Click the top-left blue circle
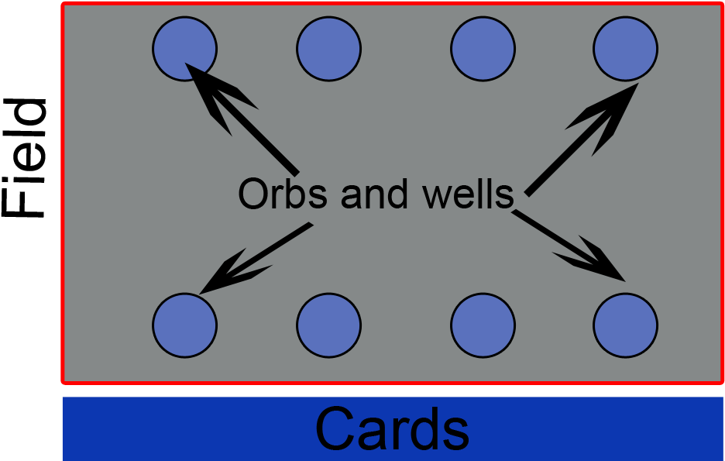click(184, 49)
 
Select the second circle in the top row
click(328, 49)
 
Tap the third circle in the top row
click(483, 49)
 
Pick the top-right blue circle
click(625, 49)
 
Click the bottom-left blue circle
click(184, 325)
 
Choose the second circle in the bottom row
click(328, 325)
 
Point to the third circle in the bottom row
click(483, 325)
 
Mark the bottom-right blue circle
click(625, 325)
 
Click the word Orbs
click(283, 194)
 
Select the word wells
click(468, 194)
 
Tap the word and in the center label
click(374, 194)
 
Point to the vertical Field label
click(24, 158)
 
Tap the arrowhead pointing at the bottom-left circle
click(231, 273)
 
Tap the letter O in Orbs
click(253, 194)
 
